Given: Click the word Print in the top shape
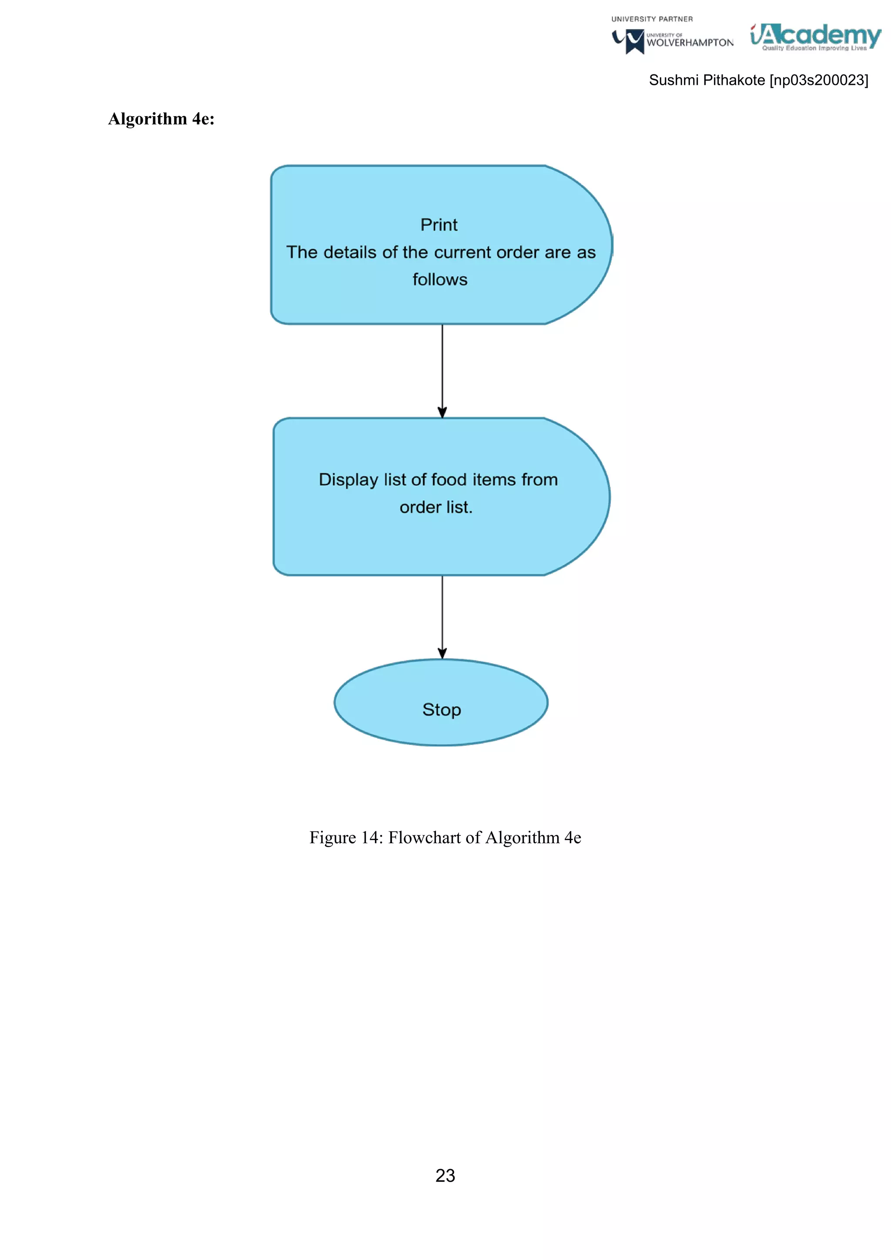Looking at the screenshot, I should tap(439, 225).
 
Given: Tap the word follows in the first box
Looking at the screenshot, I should tap(439, 279).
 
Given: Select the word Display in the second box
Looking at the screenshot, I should tap(348, 479).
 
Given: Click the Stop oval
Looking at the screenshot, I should tap(441, 702).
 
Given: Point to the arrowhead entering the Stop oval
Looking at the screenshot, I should tap(442, 653).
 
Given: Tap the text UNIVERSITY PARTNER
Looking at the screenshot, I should tap(652, 19).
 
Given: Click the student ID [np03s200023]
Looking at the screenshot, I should tap(819, 80).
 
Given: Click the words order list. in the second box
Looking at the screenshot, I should tap(435, 507).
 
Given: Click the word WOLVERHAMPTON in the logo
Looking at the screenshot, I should tap(690, 43).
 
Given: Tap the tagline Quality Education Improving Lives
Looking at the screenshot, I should tap(814, 48).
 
